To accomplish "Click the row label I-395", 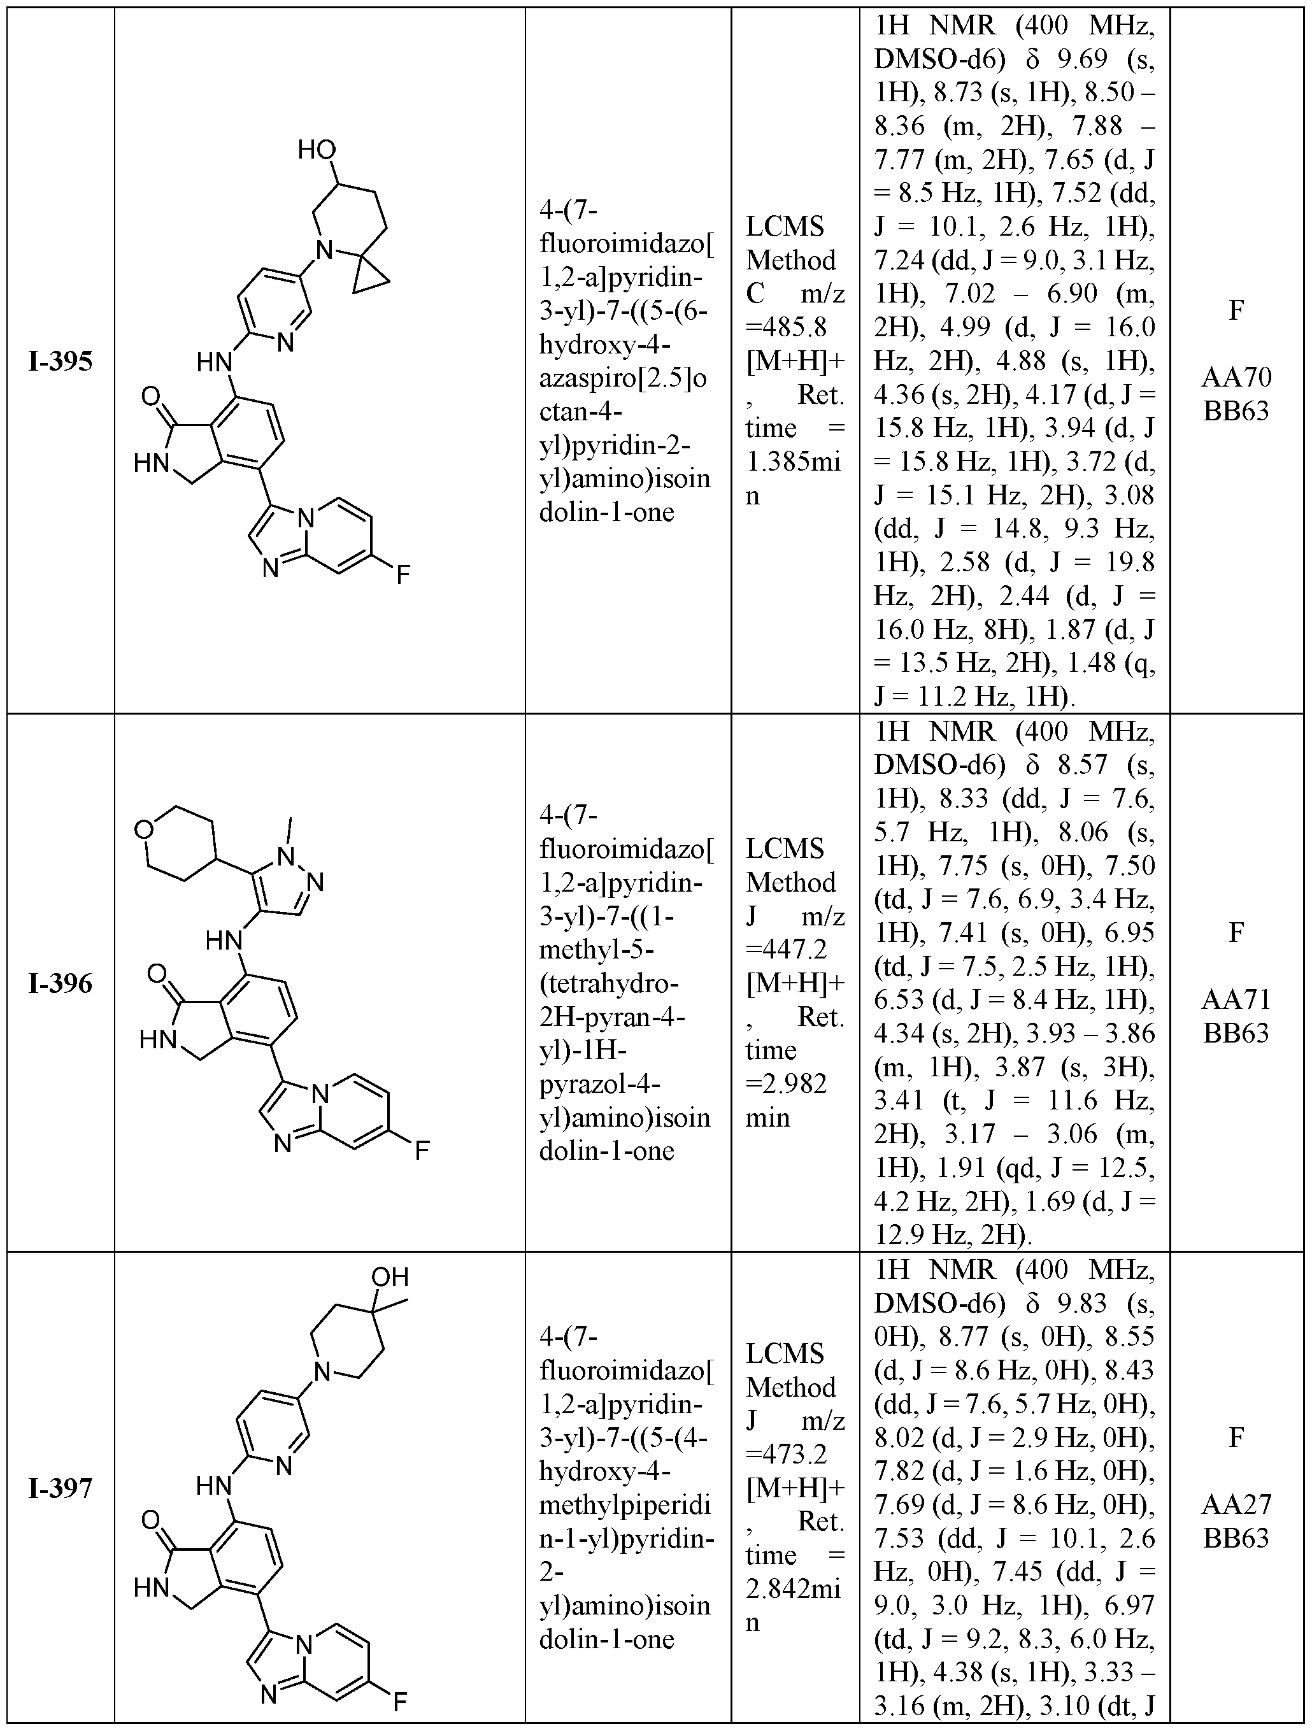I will coord(61,362).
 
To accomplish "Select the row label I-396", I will coord(61,984).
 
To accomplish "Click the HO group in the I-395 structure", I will coord(317,150).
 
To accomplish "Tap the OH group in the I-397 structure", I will coord(390,1277).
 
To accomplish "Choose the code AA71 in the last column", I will coord(1236,999).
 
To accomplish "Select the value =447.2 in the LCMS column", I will coord(785,949).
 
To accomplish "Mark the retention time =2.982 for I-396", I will coord(785,1084).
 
